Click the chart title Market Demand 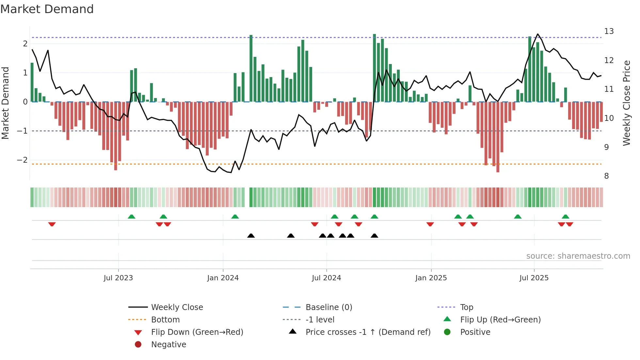[x=47, y=9]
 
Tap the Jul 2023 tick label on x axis [x=118, y=278]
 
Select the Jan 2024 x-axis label [x=223, y=278]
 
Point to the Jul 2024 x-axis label [x=326, y=278]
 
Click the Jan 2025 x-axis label [x=431, y=278]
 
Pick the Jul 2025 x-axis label [x=534, y=278]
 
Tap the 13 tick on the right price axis [x=609, y=31]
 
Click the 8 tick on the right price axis [x=606, y=176]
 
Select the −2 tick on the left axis [x=22, y=160]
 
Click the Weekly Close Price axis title [x=627, y=103]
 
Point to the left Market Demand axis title [x=5, y=103]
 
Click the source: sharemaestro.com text [x=578, y=256]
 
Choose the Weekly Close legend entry [x=177, y=307]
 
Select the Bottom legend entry [x=165, y=320]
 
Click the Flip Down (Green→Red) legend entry [x=197, y=332]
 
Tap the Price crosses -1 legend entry [x=368, y=332]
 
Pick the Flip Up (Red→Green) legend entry [x=500, y=320]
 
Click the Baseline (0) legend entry [x=328, y=307]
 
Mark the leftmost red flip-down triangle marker [x=52, y=224]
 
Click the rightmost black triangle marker [x=375, y=236]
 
